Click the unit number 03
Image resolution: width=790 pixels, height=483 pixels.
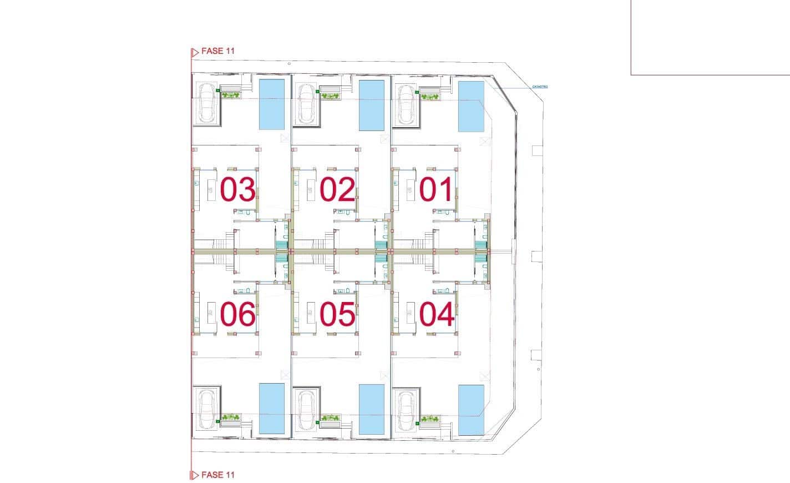click(x=237, y=190)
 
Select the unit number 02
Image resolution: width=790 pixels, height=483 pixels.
click(x=337, y=190)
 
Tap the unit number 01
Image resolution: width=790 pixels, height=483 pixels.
click(x=437, y=190)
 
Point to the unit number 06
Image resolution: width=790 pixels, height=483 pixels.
click(x=237, y=314)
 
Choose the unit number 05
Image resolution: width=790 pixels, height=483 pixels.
click(x=337, y=314)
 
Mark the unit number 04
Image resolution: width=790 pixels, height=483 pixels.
click(x=437, y=314)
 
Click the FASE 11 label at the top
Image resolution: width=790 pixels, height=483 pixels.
click(x=218, y=51)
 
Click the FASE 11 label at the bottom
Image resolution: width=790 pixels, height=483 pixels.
click(x=218, y=475)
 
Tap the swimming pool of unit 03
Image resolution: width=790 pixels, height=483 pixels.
click(x=272, y=104)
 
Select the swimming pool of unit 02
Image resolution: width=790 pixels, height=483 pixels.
click(x=372, y=105)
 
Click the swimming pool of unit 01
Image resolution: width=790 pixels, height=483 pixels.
click(x=471, y=106)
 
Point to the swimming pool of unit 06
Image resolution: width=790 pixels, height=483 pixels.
click(x=272, y=409)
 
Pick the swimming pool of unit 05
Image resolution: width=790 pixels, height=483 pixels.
click(x=372, y=410)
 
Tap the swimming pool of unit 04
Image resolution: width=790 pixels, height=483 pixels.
click(x=471, y=410)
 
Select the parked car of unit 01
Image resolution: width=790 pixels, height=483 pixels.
click(x=406, y=104)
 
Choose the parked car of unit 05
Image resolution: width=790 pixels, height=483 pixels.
click(x=306, y=410)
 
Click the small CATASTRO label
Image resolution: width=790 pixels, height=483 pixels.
click(x=540, y=87)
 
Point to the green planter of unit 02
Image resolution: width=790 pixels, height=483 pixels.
click(x=330, y=96)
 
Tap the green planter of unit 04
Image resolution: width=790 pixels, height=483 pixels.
click(x=429, y=419)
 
